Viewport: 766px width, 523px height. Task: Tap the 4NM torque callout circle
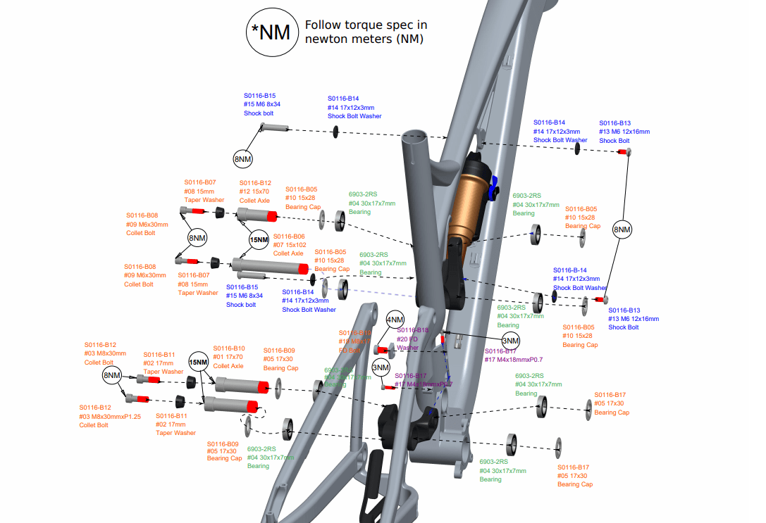tap(395, 320)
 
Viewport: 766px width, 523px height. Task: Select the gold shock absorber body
tap(471, 201)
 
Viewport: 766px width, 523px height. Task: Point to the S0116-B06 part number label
tap(289, 237)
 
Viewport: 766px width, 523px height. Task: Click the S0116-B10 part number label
tap(229, 348)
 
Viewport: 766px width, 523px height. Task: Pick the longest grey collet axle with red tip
tap(271, 265)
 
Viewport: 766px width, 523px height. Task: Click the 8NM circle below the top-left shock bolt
tap(242, 160)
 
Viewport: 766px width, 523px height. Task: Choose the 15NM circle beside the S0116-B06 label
tap(259, 240)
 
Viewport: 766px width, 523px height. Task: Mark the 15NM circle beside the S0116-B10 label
tap(199, 363)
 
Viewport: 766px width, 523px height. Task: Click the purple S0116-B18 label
tap(413, 329)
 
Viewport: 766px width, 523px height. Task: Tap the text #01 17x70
tap(229, 357)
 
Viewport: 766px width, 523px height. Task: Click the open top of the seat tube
tap(416, 135)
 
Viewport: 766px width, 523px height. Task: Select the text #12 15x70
tap(255, 191)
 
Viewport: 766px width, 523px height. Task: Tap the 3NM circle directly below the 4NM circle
tap(381, 367)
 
